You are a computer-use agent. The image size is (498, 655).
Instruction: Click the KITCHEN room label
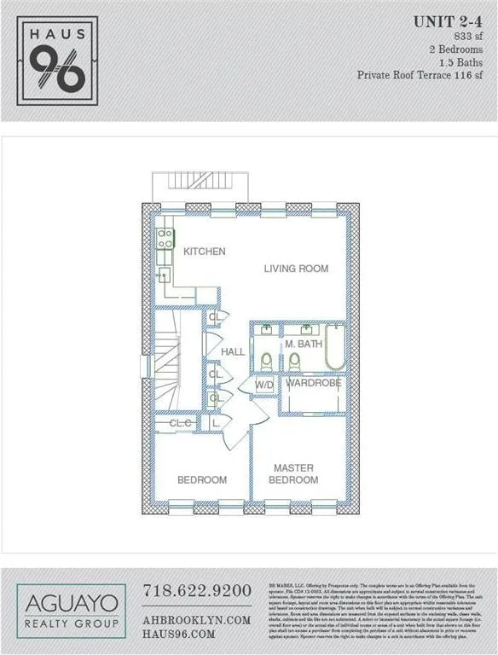coord(205,252)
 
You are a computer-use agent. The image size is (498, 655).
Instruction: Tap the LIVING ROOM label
coord(296,269)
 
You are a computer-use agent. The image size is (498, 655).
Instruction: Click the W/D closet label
coord(265,385)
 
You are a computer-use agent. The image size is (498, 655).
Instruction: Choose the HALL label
coord(233,352)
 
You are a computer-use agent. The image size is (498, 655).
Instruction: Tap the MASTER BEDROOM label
coord(294,474)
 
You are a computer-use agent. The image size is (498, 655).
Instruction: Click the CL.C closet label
coord(180,423)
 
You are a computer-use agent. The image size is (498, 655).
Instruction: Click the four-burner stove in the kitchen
coord(163,239)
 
